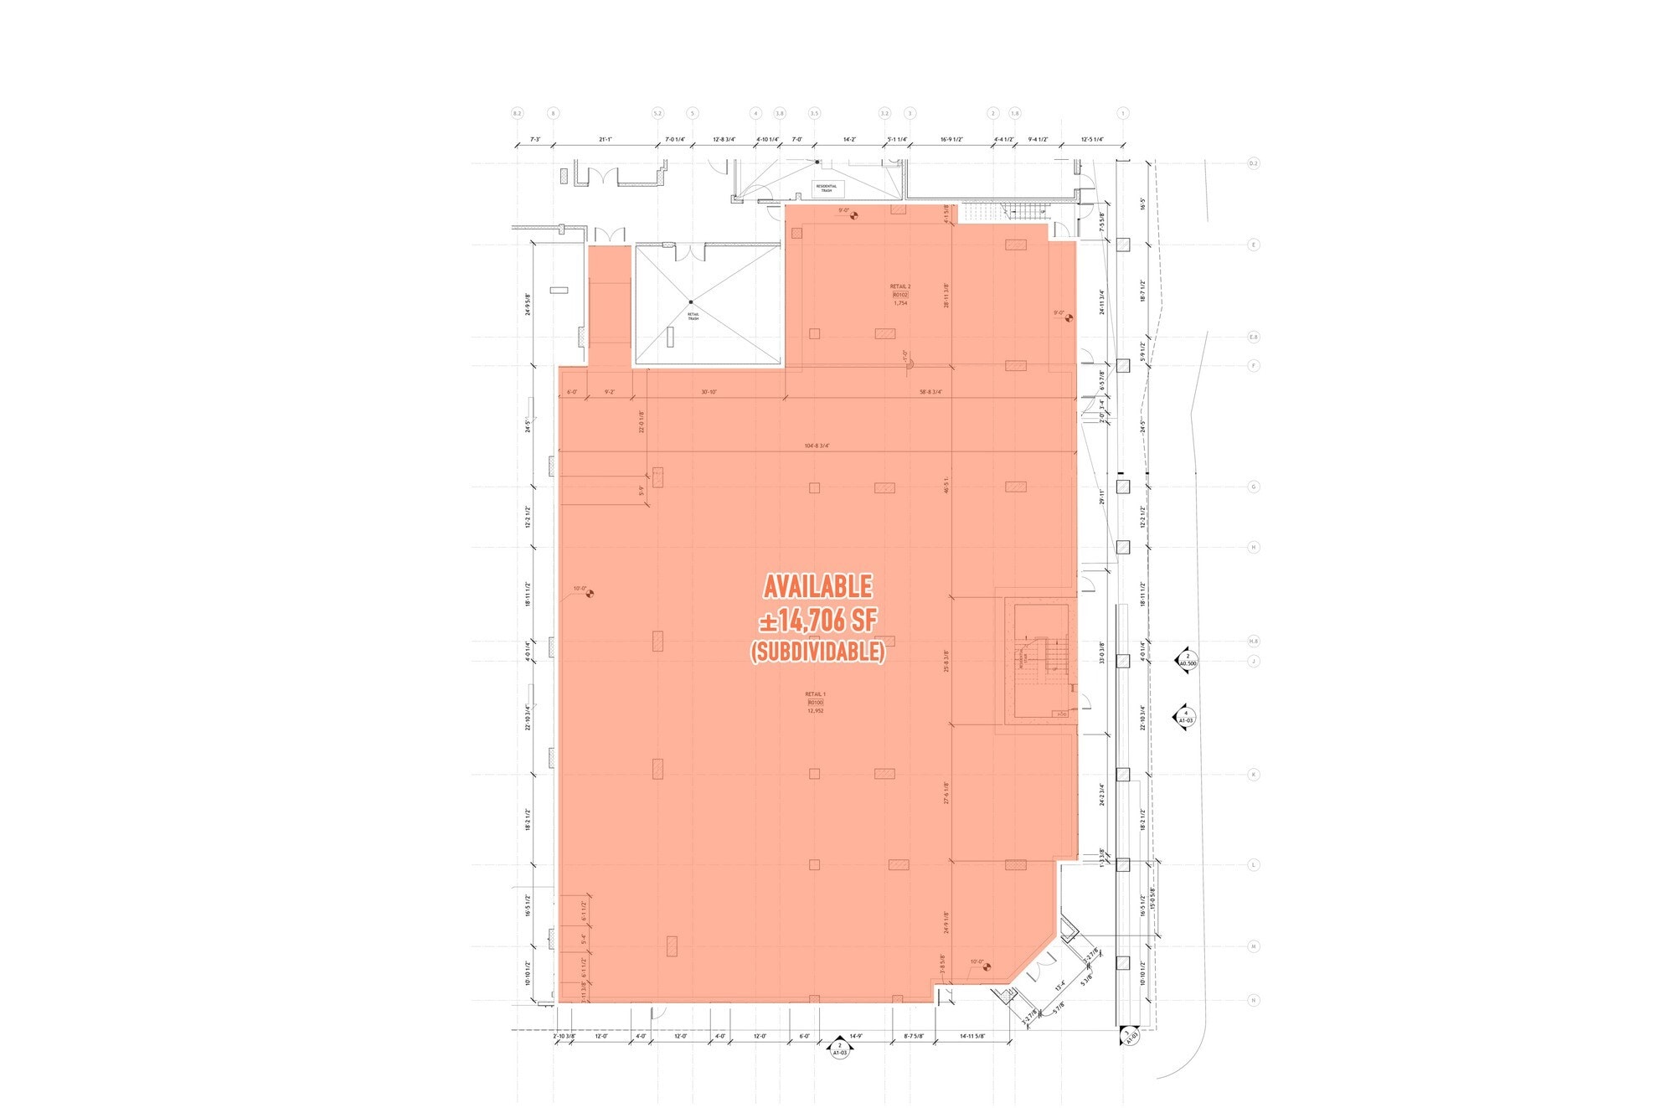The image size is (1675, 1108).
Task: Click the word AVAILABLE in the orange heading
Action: click(x=817, y=586)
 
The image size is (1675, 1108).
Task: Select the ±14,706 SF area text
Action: click(x=817, y=621)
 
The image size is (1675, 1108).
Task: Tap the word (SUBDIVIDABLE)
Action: click(x=817, y=651)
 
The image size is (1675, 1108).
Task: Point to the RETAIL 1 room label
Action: click(x=815, y=694)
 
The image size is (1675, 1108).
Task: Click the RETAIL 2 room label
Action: click(x=899, y=286)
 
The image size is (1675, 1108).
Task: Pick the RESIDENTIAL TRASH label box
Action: click(x=827, y=188)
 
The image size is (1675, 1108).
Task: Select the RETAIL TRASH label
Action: click(x=693, y=316)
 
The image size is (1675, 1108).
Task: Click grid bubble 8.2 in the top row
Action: click(x=517, y=113)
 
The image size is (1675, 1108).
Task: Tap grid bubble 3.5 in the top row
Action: click(x=814, y=113)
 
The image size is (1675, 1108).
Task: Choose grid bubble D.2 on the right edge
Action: click(x=1254, y=163)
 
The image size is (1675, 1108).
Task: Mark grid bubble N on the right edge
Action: click(x=1254, y=1000)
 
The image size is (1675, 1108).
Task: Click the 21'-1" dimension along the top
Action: click(x=606, y=140)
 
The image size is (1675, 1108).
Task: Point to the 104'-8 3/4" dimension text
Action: click(x=817, y=446)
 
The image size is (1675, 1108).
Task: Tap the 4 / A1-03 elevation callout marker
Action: click(x=1186, y=717)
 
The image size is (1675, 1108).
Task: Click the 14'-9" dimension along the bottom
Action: click(x=856, y=1036)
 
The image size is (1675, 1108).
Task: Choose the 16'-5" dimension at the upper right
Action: click(x=1142, y=204)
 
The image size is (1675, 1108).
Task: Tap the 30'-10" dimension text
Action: click(x=709, y=392)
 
